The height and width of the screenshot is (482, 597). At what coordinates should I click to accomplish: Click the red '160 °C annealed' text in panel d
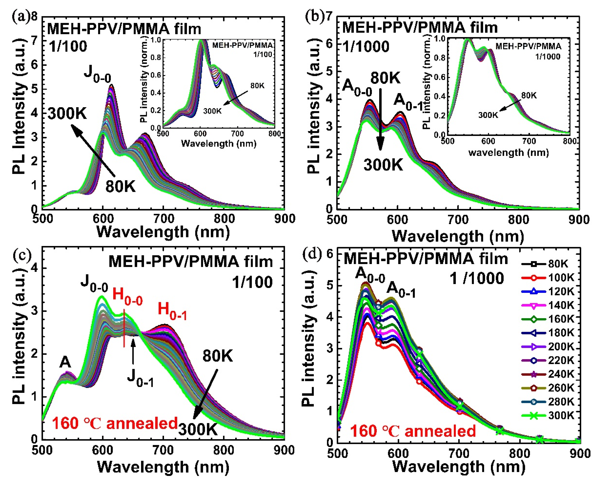pos(413,431)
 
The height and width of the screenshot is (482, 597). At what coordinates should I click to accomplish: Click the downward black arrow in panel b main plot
pos(380,119)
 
